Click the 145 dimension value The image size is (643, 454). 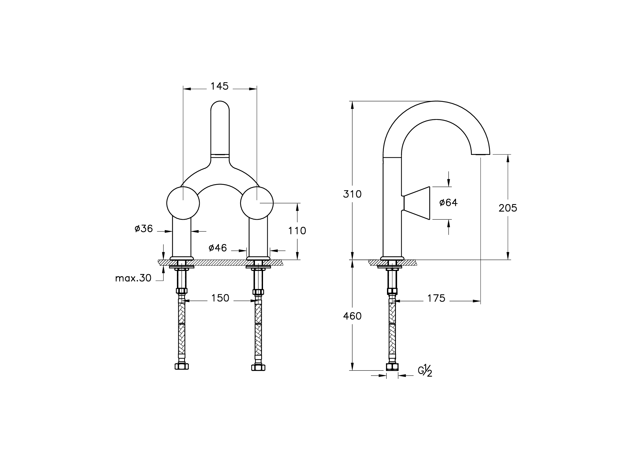coord(219,86)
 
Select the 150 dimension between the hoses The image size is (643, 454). coord(220,298)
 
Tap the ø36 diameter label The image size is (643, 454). coord(144,229)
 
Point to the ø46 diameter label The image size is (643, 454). coord(218,248)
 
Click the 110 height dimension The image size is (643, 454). coord(297,231)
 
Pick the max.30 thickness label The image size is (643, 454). coord(133,278)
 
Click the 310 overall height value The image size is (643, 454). coord(352,194)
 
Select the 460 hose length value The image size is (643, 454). coord(352,316)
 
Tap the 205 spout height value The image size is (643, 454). coord(508,208)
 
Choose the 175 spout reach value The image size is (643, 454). coord(436,298)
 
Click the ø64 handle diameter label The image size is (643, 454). coord(448,203)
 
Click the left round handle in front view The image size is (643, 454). coord(183,203)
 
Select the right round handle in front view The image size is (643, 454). coord(257,203)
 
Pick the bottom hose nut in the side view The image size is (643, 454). coord(392,367)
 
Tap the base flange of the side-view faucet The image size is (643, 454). coord(392,258)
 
